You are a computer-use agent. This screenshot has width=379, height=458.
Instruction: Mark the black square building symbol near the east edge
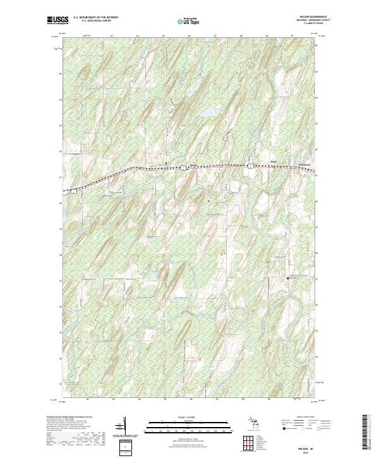[287, 277]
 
